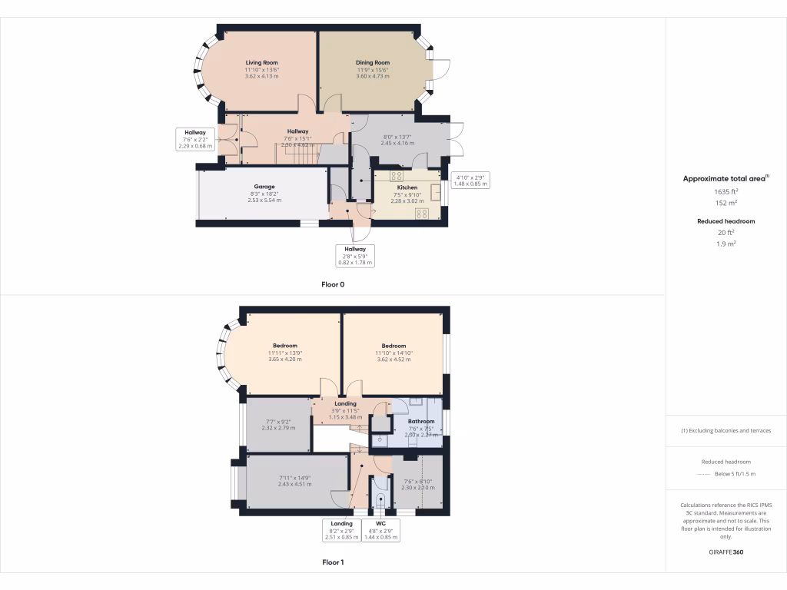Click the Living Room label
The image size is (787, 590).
[261, 62]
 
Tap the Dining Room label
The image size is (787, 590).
[373, 62]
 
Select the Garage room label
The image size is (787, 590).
[264, 186]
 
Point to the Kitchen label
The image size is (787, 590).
[407, 187]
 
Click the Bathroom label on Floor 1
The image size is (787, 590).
[421, 421]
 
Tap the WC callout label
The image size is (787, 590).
[382, 524]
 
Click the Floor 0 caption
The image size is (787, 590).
[333, 284]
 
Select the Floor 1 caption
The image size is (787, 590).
[333, 562]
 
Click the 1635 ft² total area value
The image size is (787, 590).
[726, 191]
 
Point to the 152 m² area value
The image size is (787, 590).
[726, 203]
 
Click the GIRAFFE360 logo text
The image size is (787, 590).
[726, 552]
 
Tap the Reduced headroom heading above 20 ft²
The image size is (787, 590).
[726, 221]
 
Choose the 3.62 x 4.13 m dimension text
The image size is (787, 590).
[261, 76]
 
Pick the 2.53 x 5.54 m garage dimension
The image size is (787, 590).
[264, 200]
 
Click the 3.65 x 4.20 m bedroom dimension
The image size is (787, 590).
[284, 359]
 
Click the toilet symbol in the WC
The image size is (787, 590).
[381, 499]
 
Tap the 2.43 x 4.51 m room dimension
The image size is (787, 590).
[295, 484]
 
